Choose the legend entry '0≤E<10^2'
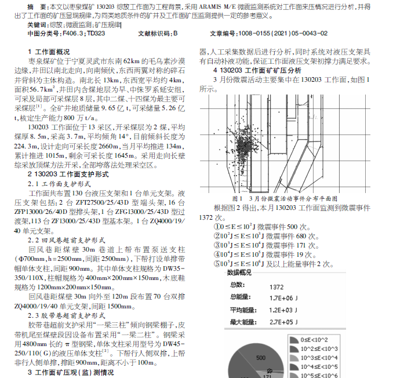(316, 339)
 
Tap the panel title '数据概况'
(239, 272)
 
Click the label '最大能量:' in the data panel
(243, 321)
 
